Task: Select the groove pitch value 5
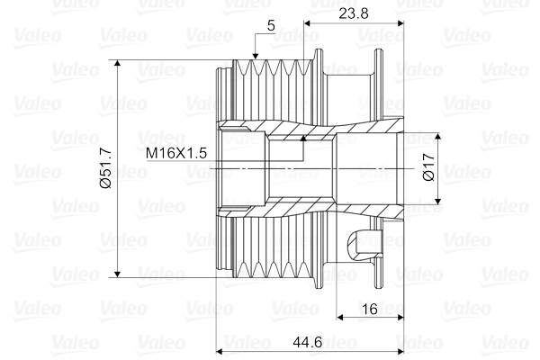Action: tap(271, 26)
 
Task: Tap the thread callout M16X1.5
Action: tap(177, 153)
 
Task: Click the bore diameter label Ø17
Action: tap(427, 169)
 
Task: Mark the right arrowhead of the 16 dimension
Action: tap(400, 318)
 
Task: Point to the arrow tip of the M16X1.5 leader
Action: tap(302, 138)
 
